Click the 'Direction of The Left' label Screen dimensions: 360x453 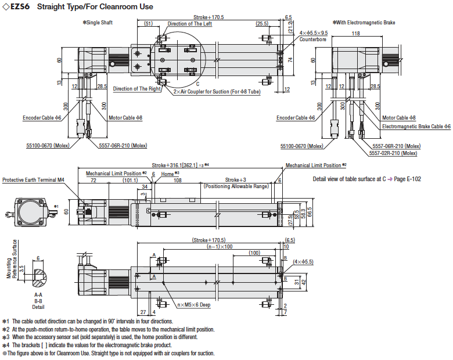point(190,24)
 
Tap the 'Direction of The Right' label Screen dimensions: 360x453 point(137,89)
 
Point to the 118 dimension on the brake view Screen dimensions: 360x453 point(356,33)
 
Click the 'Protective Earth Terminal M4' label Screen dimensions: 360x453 point(33,180)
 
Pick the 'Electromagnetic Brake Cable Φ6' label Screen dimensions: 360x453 point(416,126)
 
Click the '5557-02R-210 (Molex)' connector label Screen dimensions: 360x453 point(393,153)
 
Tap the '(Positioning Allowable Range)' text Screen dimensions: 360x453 point(236,186)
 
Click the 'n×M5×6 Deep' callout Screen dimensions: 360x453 point(194,304)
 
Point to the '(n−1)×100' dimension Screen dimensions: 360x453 point(220,246)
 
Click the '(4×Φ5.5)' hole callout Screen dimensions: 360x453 point(303,262)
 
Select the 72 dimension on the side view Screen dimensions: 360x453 point(94,180)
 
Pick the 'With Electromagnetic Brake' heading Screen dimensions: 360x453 point(364,23)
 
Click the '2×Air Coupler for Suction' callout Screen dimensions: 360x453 point(217,91)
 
